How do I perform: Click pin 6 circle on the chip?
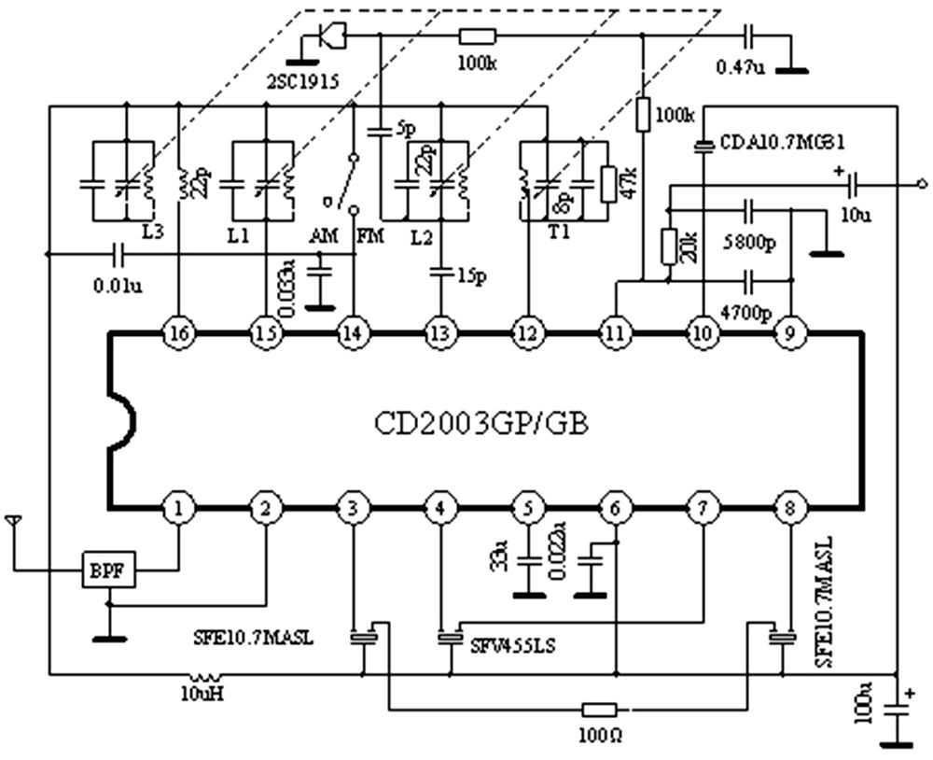(x=615, y=509)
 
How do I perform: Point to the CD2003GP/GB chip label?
(x=481, y=425)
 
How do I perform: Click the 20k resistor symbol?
(x=668, y=246)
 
